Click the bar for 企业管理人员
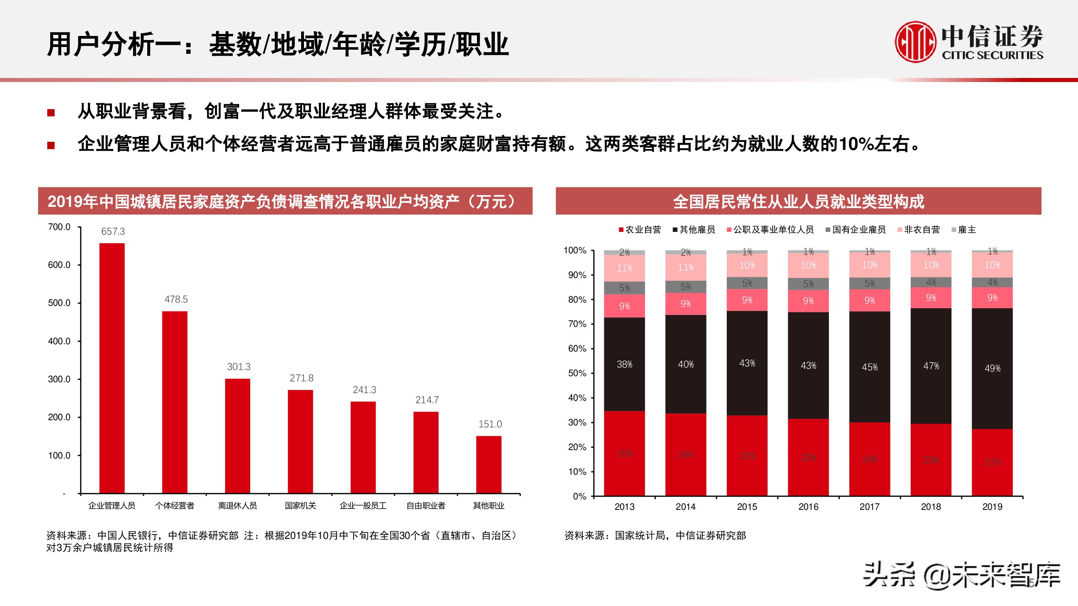[112, 368]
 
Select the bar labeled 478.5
[175, 402]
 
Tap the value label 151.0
[489, 424]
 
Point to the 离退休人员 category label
[237, 506]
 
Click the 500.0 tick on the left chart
[59, 303]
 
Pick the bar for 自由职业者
[426, 452]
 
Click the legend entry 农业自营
[640, 229]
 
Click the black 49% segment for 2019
[992, 368]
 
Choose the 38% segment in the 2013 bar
[624, 364]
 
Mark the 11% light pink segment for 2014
[686, 267]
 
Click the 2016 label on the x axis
[808, 507]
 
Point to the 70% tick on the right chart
[577, 324]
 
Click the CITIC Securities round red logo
[915, 42]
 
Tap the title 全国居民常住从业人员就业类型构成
[798, 202]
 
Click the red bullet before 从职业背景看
[51, 112]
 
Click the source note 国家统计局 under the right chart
[639, 536]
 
